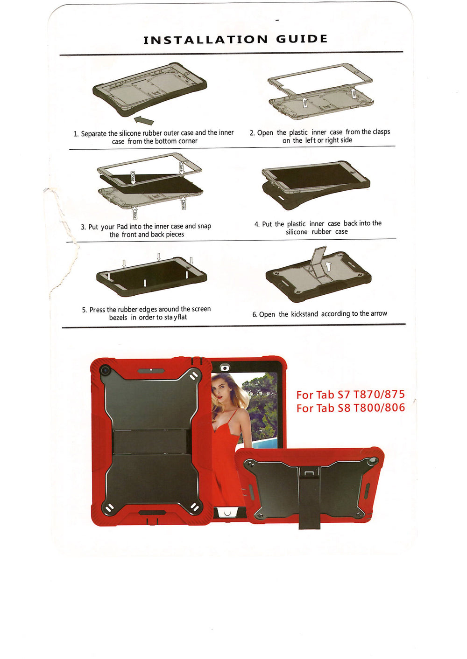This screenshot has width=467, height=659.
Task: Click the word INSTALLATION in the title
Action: (x=205, y=40)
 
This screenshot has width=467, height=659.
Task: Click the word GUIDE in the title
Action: (x=302, y=39)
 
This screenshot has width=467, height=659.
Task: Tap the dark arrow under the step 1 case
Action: (x=144, y=120)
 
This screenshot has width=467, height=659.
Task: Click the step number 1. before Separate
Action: (x=76, y=134)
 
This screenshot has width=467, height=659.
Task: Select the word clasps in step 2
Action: (x=381, y=132)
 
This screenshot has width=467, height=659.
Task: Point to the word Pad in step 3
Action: (x=122, y=227)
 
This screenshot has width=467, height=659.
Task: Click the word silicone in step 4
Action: (x=297, y=232)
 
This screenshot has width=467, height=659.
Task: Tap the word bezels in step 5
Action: (x=118, y=318)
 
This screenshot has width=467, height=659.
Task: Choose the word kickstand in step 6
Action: (x=304, y=314)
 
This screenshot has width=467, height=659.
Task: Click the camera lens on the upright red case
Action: (x=104, y=369)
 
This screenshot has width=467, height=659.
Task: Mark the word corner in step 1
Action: (x=188, y=141)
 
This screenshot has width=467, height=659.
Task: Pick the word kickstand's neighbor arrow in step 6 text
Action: (x=379, y=313)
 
